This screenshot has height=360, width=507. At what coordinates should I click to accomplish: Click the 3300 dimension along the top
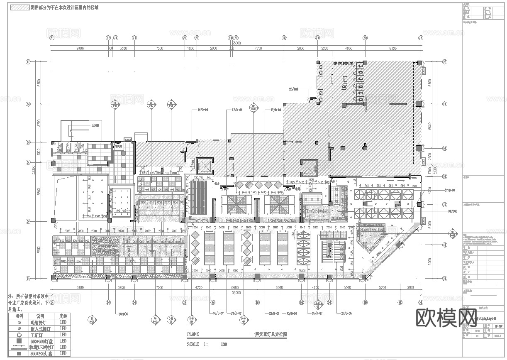(123, 49)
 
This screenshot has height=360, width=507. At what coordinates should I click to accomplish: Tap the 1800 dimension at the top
(191, 49)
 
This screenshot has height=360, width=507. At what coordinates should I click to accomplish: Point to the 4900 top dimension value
(348, 49)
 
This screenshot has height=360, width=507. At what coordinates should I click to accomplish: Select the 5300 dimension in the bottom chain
(347, 287)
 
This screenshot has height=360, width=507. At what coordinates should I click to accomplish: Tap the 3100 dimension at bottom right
(410, 287)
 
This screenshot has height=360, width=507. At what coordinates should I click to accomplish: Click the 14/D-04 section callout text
(202, 110)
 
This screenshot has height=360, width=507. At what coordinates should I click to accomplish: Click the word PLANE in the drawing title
(193, 334)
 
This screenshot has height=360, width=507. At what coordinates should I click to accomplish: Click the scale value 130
(224, 344)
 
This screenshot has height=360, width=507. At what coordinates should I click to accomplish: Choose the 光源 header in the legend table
(63, 316)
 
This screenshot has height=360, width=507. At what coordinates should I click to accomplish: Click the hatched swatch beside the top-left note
(19, 7)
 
